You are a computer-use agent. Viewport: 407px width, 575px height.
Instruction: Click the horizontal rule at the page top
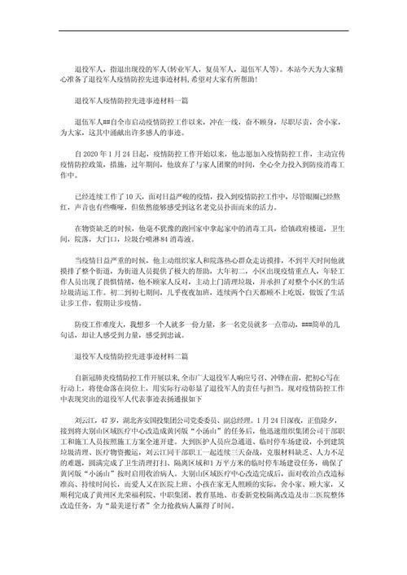pyautogui.click(x=203, y=31)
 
